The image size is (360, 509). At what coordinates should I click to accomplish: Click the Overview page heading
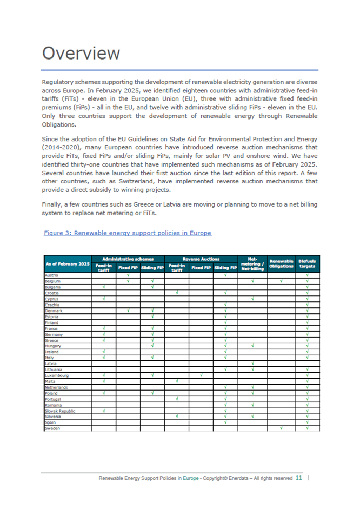81,54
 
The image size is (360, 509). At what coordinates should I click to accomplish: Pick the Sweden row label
52,428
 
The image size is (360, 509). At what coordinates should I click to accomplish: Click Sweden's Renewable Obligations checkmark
281,428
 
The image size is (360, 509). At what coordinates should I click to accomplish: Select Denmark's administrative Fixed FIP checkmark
128,310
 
